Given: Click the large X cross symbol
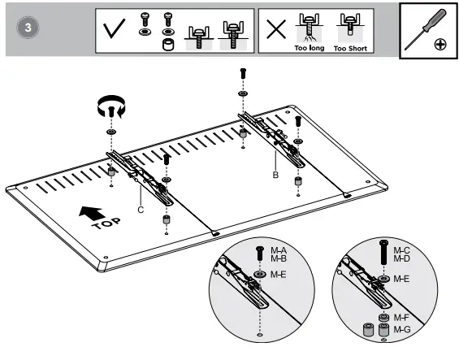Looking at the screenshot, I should [x=276, y=29].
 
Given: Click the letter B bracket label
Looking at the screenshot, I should [x=277, y=173].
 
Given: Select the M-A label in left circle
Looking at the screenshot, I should [x=279, y=251].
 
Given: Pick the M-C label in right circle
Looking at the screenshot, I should [x=402, y=251].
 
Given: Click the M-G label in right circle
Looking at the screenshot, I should [x=402, y=330].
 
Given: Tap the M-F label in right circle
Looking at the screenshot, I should [x=402, y=318].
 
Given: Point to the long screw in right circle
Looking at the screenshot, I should [x=383, y=254].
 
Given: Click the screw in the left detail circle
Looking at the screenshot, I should [x=259, y=255].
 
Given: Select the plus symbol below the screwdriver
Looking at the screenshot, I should [x=440, y=45].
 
